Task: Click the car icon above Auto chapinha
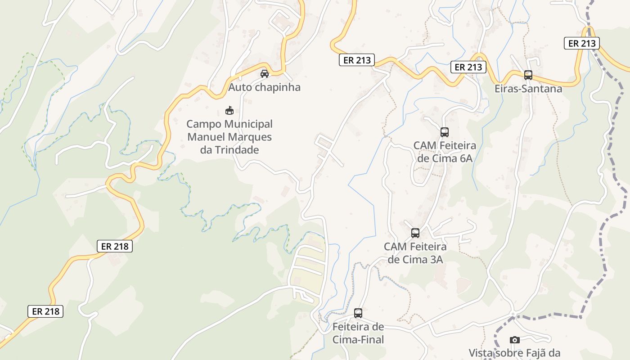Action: click(265, 74)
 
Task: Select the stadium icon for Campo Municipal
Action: click(229, 110)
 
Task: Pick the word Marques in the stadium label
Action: click(251, 137)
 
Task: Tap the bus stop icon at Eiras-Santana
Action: click(528, 75)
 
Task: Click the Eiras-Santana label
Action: click(528, 89)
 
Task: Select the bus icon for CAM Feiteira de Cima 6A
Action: click(445, 132)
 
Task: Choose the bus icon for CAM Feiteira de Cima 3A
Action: click(415, 233)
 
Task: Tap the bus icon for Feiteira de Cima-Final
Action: click(358, 313)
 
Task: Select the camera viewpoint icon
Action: click(515, 340)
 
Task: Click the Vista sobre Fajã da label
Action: click(514, 353)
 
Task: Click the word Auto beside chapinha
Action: click(238, 87)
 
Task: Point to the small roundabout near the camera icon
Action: click(513, 314)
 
